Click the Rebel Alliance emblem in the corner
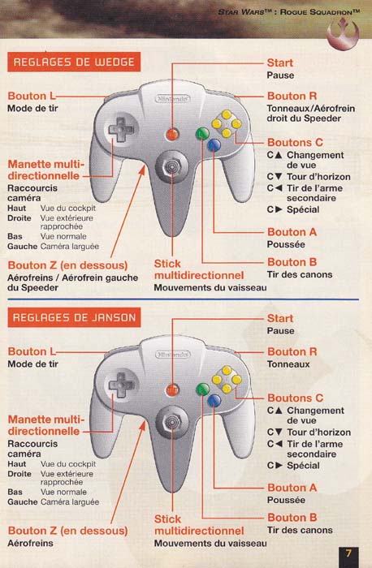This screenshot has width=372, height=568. point(343,33)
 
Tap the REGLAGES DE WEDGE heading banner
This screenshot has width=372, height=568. point(74,62)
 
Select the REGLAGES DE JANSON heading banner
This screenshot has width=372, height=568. point(74,317)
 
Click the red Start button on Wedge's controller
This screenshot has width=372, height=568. point(172,135)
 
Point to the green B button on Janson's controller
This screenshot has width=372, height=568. point(202,389)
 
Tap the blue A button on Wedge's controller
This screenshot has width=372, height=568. point(214,145)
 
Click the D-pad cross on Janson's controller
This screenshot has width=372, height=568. point(121,385)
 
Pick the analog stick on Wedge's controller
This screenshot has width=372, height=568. point(171,167)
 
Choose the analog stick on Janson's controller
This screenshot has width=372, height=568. point(171,423)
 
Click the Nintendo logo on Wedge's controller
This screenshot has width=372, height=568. point(173,98)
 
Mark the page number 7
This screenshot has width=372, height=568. point(348,553)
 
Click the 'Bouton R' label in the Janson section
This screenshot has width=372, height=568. point(292,351)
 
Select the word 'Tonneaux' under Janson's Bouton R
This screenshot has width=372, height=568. point(288,364)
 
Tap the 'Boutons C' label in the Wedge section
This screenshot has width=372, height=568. point(295,142)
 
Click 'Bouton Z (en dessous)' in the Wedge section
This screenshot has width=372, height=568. point(67,265)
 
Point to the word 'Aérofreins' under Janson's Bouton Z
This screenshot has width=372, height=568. point(30,543)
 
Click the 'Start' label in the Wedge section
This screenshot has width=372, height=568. point(280,62)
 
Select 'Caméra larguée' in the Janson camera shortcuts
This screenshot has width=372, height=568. point(70,502)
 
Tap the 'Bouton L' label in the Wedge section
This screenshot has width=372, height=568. point(32,96)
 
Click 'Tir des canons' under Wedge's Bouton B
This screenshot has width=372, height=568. point(300,274)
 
